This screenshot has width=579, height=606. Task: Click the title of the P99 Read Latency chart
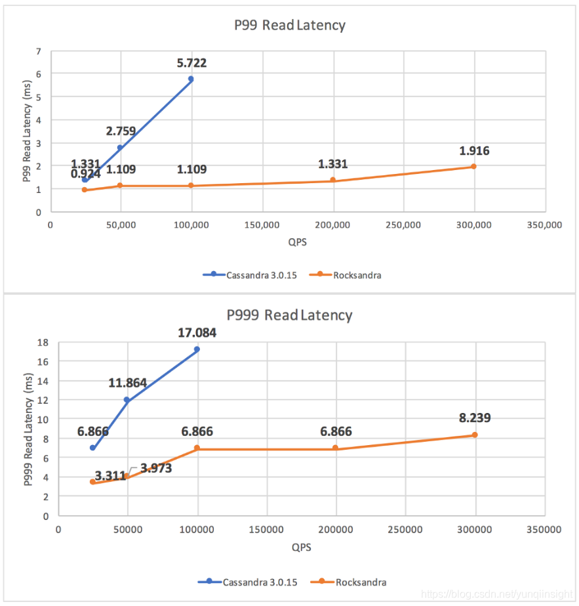[289, 26]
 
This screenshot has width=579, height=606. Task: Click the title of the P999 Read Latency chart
[289, 315]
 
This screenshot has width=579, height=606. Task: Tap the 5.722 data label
[191, 63]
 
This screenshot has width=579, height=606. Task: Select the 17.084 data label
[197, 333]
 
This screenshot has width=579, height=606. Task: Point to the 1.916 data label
[474, 151]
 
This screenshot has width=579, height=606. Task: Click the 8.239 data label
[475, 418]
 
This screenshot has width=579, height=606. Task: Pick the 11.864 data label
[127, 383]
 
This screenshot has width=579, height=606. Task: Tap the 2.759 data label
[121, 131]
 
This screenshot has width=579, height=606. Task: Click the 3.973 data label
[156, 469]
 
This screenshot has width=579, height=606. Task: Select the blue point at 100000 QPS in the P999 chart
[197, 349]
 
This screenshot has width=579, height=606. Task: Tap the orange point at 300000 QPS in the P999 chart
[475, 435]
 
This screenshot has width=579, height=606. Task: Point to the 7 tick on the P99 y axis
[39, 51]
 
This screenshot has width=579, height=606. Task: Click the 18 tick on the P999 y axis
[43, 342]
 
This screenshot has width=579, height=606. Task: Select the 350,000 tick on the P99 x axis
[544, 225]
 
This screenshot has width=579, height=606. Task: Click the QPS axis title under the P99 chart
[297, 241]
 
